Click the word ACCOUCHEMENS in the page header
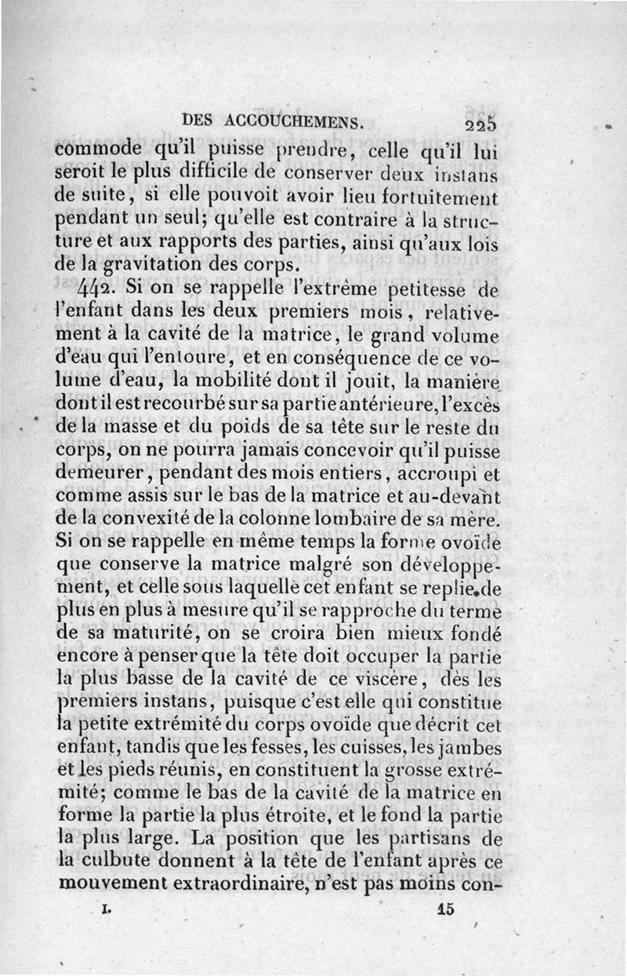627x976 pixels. [295, 121]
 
